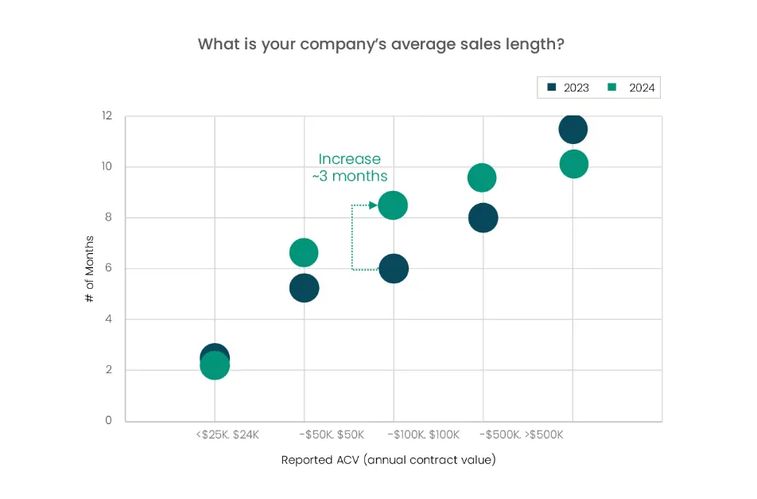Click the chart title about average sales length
tap(381, 44)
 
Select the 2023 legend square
tap(553, 87)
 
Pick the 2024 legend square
tap(612, 87)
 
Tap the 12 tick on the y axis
tap(107, 116)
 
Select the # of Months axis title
tap(90, 268)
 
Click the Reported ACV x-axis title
tap(388, 460)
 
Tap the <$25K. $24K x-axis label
tap(227, 435)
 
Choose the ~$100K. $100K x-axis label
tap(423, 435)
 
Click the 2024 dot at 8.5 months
tap(393, 205)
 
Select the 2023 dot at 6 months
tap(393, 268)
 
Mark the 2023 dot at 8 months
tap(483, 217)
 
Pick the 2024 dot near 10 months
tap(573, 164)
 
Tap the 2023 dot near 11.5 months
tap(573, 129)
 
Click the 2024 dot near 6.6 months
tap(304, 253)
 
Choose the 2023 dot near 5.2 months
tap(304, 288)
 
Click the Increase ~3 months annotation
tap(350, 167)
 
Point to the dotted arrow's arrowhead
tap(374, 205)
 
